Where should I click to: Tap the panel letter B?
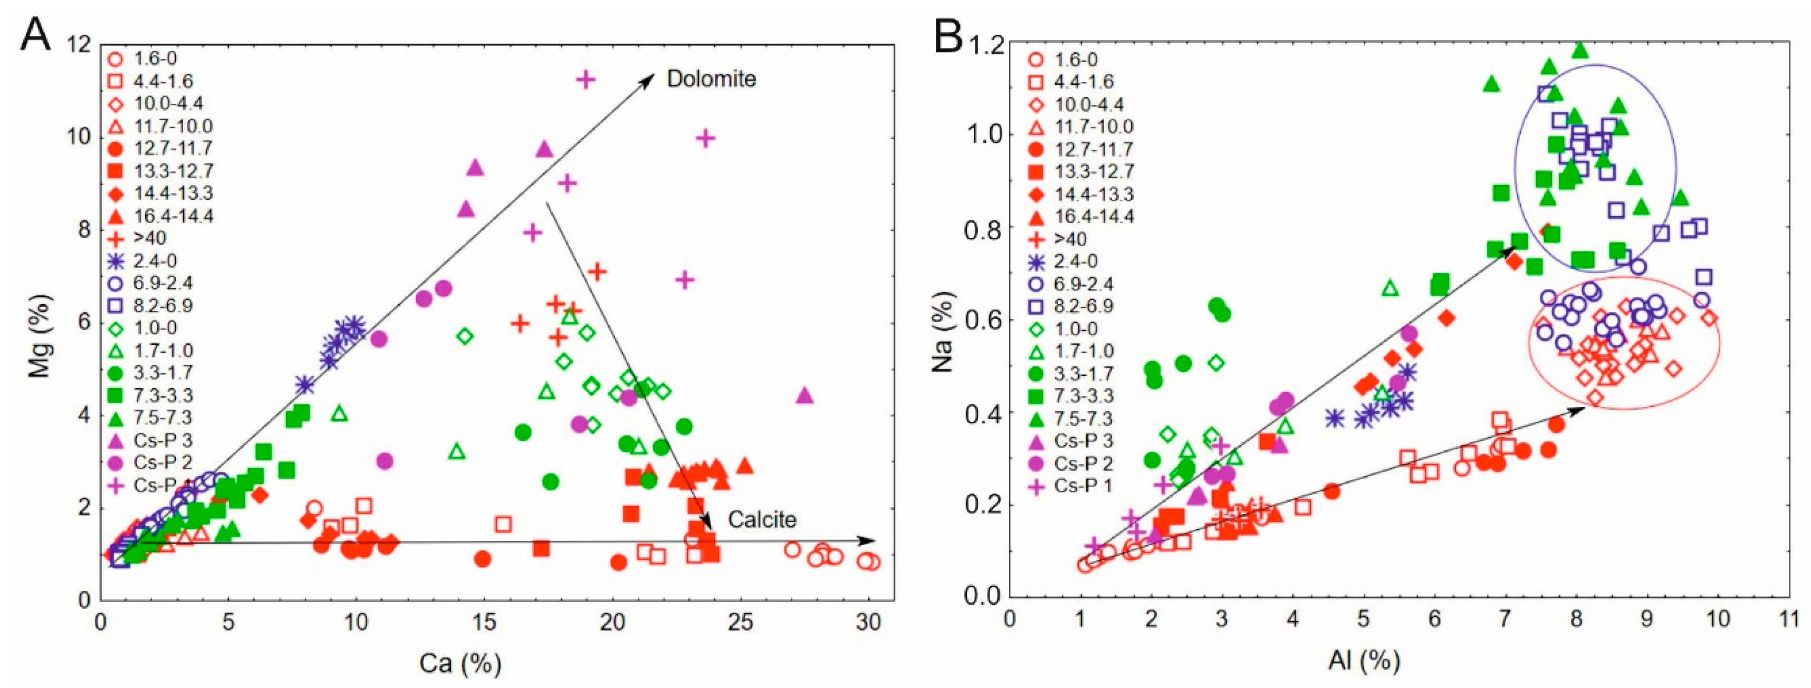click(x=948, y=36)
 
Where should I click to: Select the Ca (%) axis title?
click(x=460, y=663)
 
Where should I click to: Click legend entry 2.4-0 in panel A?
click(x=156, y=261)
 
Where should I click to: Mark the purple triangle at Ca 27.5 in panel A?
click(x=805, y=395)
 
